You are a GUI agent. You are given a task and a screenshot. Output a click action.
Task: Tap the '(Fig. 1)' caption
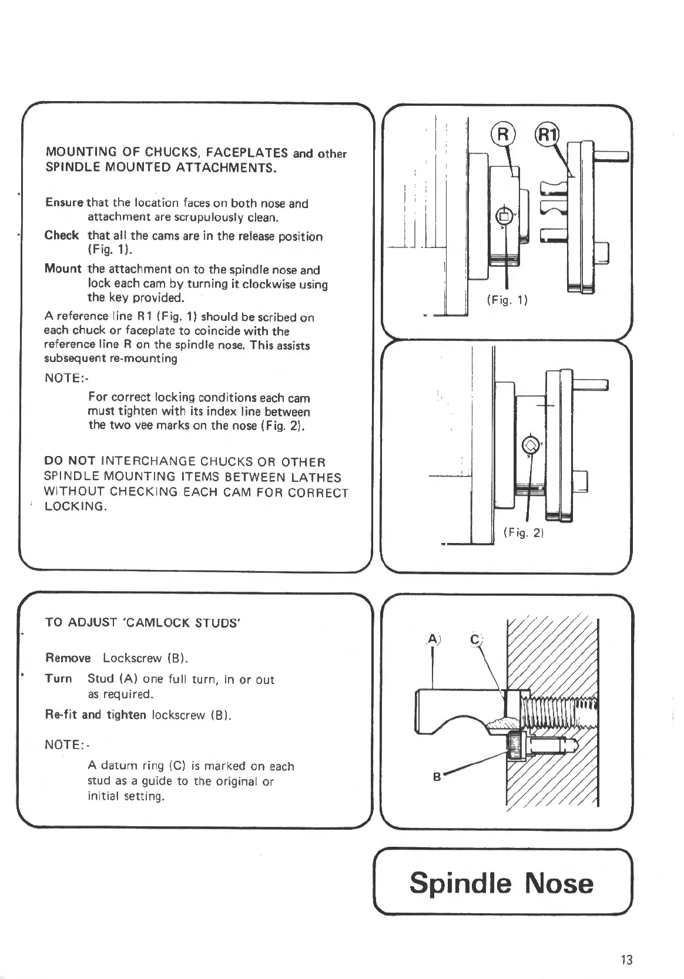coord(508,300)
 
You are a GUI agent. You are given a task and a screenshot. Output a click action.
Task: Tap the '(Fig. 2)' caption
coord(524,534)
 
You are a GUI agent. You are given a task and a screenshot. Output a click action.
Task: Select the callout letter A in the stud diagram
coord(432,640)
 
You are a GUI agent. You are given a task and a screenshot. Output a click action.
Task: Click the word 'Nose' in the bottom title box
coord(559,883)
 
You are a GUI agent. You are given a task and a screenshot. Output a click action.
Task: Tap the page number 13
coord(626,960)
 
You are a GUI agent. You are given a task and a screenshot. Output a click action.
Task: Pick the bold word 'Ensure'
coord(65,203)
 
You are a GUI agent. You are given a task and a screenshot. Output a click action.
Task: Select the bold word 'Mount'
coord(63,269)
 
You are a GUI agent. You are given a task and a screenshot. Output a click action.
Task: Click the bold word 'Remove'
coord(68,658)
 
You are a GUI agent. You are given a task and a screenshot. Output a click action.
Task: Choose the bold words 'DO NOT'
coord(70,462)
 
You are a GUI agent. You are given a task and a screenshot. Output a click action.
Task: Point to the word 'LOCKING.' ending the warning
coord(76,507)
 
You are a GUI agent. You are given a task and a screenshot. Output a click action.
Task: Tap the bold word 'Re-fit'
coord(62,715)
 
